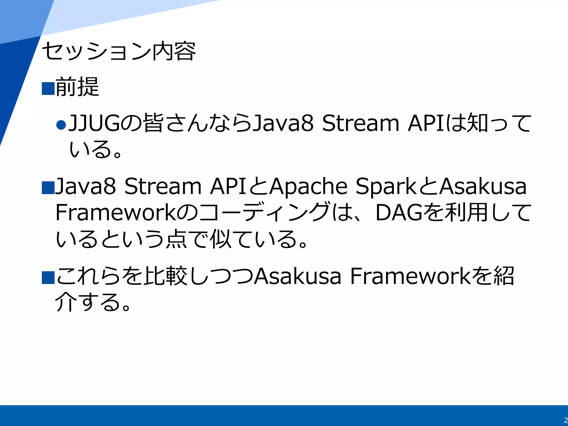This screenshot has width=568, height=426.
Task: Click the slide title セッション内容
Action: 119,51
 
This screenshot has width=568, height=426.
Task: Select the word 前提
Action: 77,87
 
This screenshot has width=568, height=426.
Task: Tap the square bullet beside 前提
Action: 48,88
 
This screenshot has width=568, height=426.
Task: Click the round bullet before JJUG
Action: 61,125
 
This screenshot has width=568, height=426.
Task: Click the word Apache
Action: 308,187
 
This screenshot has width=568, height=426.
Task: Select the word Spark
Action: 386,187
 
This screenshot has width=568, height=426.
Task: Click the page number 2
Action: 566,420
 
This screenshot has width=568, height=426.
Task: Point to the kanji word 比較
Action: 166,276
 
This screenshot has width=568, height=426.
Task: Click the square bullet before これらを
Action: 48,278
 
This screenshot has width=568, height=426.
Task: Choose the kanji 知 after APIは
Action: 477,123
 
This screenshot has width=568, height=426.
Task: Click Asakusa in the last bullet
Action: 298,276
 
